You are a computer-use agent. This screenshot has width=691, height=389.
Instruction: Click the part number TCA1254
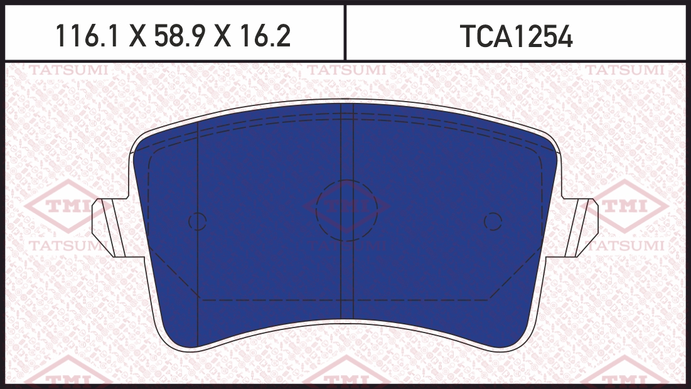(516, 36)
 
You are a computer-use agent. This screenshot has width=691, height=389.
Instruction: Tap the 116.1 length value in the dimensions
(87, 36)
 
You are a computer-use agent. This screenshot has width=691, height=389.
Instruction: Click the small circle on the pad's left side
(198, 221)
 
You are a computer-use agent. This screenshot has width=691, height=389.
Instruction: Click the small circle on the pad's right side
(493, 221)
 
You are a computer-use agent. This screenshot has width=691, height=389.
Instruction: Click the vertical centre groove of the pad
(347, 211)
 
